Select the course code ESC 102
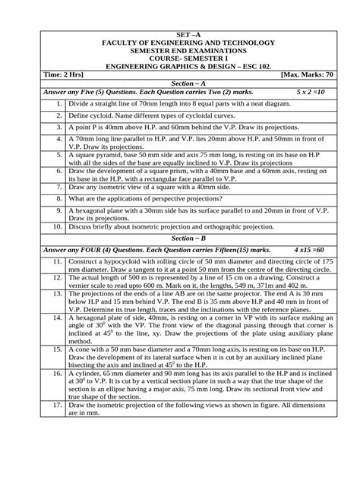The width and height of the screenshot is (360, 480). click(x=287, y=67)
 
